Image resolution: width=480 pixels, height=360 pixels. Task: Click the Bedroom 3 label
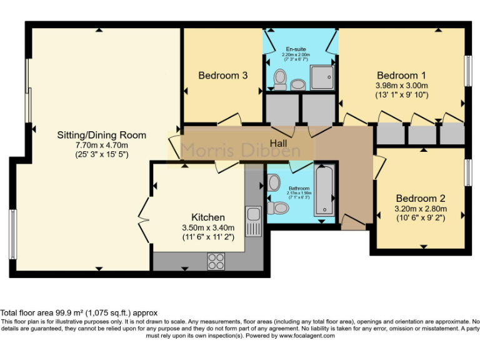[223, 76]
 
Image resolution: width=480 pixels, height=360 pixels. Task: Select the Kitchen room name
[208, 217]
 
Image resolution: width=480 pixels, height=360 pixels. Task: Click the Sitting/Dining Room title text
[101, 135]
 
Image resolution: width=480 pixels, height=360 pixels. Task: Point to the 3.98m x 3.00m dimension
[401, 86]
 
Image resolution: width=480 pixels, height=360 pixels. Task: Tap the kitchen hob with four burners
[216, 259]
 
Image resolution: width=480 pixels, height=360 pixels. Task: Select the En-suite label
[296, 49]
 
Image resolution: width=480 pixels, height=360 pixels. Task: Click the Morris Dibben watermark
[240, 151]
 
